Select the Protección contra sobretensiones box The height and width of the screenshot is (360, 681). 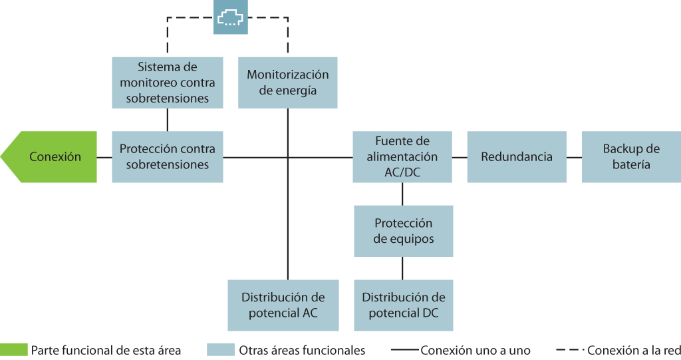[168, 157]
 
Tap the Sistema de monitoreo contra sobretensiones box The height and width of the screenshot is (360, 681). [168, 83]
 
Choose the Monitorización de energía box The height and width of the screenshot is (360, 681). [288, 83]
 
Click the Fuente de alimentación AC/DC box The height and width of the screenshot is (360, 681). [402, 157]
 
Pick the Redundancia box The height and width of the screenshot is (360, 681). [517, 157]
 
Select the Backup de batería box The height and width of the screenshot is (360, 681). [631, 157]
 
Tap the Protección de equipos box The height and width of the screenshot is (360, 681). [404, 231]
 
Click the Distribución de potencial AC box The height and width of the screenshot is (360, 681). [283, 305]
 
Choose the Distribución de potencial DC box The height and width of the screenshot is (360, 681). [404, 305]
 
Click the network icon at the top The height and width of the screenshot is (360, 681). [231, 18]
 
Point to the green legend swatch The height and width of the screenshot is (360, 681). [14, 350]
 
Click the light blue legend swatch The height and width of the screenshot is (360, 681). [221, 350]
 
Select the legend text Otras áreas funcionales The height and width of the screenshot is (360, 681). [302, 350]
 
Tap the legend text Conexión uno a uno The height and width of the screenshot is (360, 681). [476, 350]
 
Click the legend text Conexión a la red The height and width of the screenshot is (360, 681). [633, 350]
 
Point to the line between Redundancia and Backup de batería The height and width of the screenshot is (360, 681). [575, 157]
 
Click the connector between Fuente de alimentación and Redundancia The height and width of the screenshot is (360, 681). [460, 157]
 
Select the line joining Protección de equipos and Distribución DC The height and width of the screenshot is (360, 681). [403, 268]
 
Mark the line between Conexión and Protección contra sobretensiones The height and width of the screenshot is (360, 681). [104, 157]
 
